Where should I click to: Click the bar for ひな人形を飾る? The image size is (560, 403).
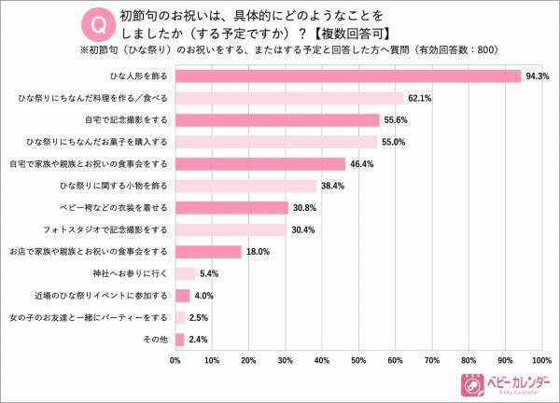click(x=347, y=76)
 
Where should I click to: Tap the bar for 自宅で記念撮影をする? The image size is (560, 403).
click(x=277, y=119)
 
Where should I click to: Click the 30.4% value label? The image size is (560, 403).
click(x=304, y=229)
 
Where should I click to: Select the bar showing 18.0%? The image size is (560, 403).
click(x=208, y=251)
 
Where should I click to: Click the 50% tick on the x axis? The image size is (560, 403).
click(x=357, y=359)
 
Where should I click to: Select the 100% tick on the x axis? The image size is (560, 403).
click(x=539, y=359)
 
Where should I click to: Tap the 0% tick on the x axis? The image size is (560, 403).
click(x=175, y=359)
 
